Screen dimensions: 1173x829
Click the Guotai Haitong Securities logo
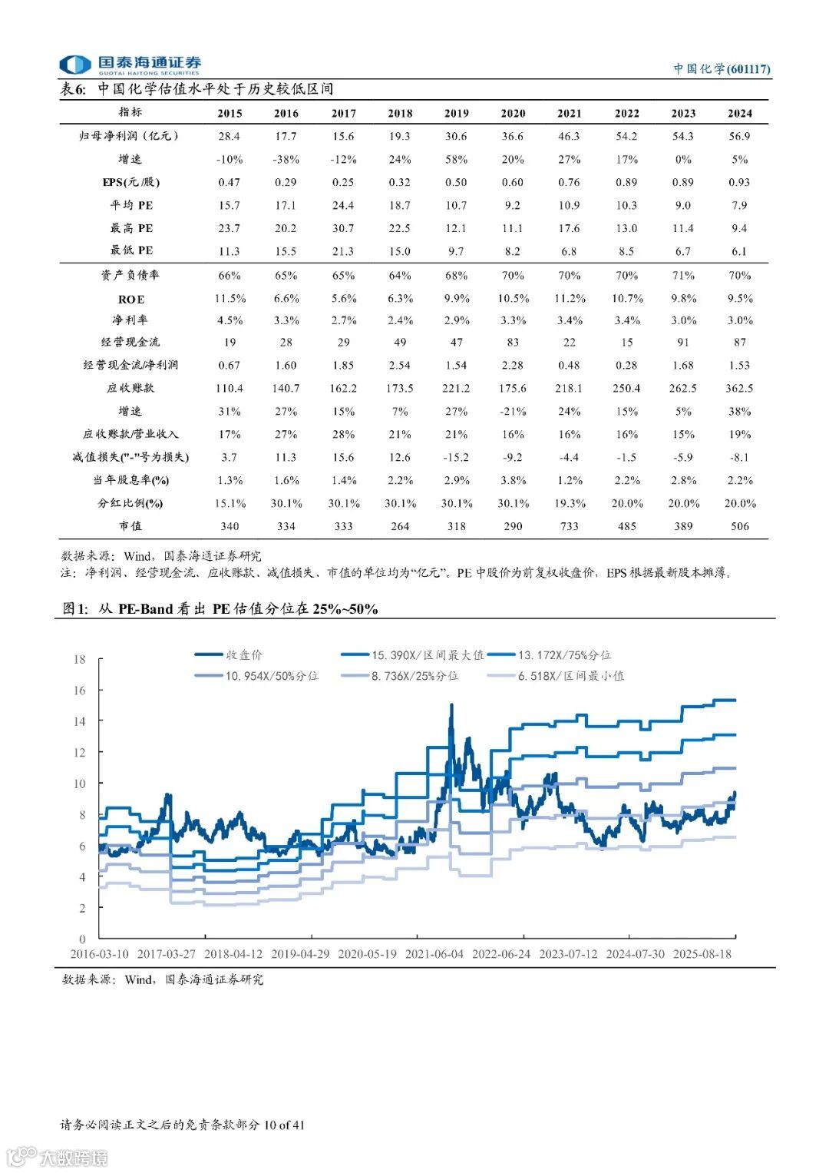(x=130, y=65)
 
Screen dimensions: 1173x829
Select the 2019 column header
(x=456, y=114)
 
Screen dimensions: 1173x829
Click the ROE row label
(x=131, y=299)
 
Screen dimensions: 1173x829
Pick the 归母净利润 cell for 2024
(x=739, y=136)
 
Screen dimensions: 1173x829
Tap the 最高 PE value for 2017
(x=343, y=228)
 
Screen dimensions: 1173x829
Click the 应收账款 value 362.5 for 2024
(x=739, y=388)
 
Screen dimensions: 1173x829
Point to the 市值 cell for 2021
(x=569, y=526)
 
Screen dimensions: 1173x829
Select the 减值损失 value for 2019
(x=456, y=457)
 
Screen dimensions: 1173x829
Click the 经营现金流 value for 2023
(x=683, y=343)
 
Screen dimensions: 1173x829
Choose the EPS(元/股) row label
(x=131, y=182)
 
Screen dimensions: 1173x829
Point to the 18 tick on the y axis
(x=80, y=659)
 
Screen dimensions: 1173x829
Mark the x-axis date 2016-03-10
(x=99, y=954)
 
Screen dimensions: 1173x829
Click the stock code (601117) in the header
(x=748, y=69)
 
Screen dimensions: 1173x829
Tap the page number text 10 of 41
(x=284, y=1125)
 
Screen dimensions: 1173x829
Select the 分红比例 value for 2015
(x=230, y=503)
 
